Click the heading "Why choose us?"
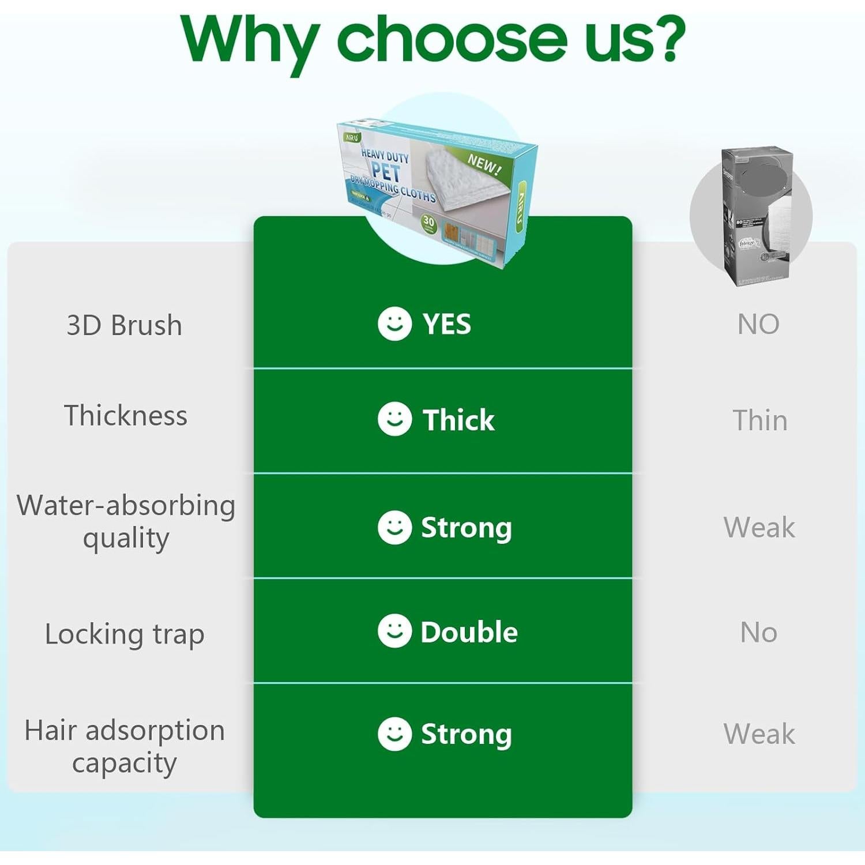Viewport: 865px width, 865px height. pyautogui.click(x=432, y=39)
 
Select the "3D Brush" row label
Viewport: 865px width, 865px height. pyautogui.click(x=125, y=325)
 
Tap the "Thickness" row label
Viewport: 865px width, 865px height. pyautogui.click(x=126, y=416)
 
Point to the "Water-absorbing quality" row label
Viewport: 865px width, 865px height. pyautogui.click(x=126, y=521)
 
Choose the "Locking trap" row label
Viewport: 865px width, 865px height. pyautogui.click(x=125, y=634)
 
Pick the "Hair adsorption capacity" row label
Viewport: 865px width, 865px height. pyautogui.click(x=125, y=746)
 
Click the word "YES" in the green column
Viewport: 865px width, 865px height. pyautogui.click(x=447, y=324)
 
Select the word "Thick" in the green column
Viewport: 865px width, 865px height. pyautogui.click(x=458, y=420)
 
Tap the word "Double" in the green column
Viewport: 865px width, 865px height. pyautogui.click(x=469, y=632)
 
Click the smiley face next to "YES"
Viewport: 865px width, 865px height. pyautogui.click(x=394, y=324)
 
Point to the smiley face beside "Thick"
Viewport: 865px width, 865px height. pyautogui.click(x=394, y=419)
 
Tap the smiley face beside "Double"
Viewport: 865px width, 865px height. pyautogui.click(x=394, y=631)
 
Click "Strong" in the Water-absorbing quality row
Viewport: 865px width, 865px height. pyautogui.click(x=467, y=528)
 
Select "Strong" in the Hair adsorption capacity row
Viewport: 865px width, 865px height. pyautogui.click(x=467, y=734)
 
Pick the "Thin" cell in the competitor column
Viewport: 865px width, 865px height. pyautogui.click(x=760, y=420)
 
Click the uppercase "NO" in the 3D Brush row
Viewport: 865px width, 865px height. pyautogui.click(x=758, y=324)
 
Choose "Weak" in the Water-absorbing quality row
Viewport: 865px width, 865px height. pyautogui.click(x=759, y=527)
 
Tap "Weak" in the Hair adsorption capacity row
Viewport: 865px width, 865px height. pyautogui.click(x=759, y=734)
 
